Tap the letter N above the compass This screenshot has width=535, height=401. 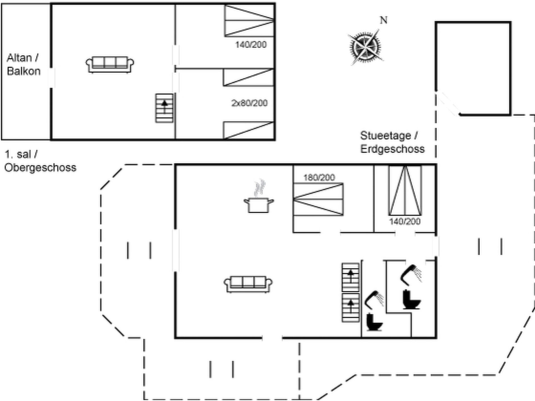[x=384, y=20]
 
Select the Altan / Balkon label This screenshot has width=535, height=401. [x=23, y=64]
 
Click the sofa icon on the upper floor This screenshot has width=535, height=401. [x=110, y=65]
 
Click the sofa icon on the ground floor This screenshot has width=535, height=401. [x=248, y=284]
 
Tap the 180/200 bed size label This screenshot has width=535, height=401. [x=319, y=177]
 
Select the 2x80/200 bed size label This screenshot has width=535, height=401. [x=249, y=103]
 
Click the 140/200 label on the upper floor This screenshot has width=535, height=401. [x=251, y=45]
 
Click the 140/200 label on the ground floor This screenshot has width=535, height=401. [x=405, y=221]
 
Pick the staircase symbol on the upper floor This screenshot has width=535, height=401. [x=164, y=108]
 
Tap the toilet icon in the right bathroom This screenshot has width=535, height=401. [x=411, y=299]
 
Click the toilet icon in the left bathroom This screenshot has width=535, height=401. [x=374, y=322]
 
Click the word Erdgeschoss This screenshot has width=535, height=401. [x=392, y=149]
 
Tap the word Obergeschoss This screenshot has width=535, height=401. [x=40, y=168]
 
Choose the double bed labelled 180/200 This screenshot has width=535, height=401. [x=318, y=199]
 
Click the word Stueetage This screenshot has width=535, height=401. [x=386, y=136]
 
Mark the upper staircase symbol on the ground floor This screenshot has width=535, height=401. [x=351, y=277]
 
